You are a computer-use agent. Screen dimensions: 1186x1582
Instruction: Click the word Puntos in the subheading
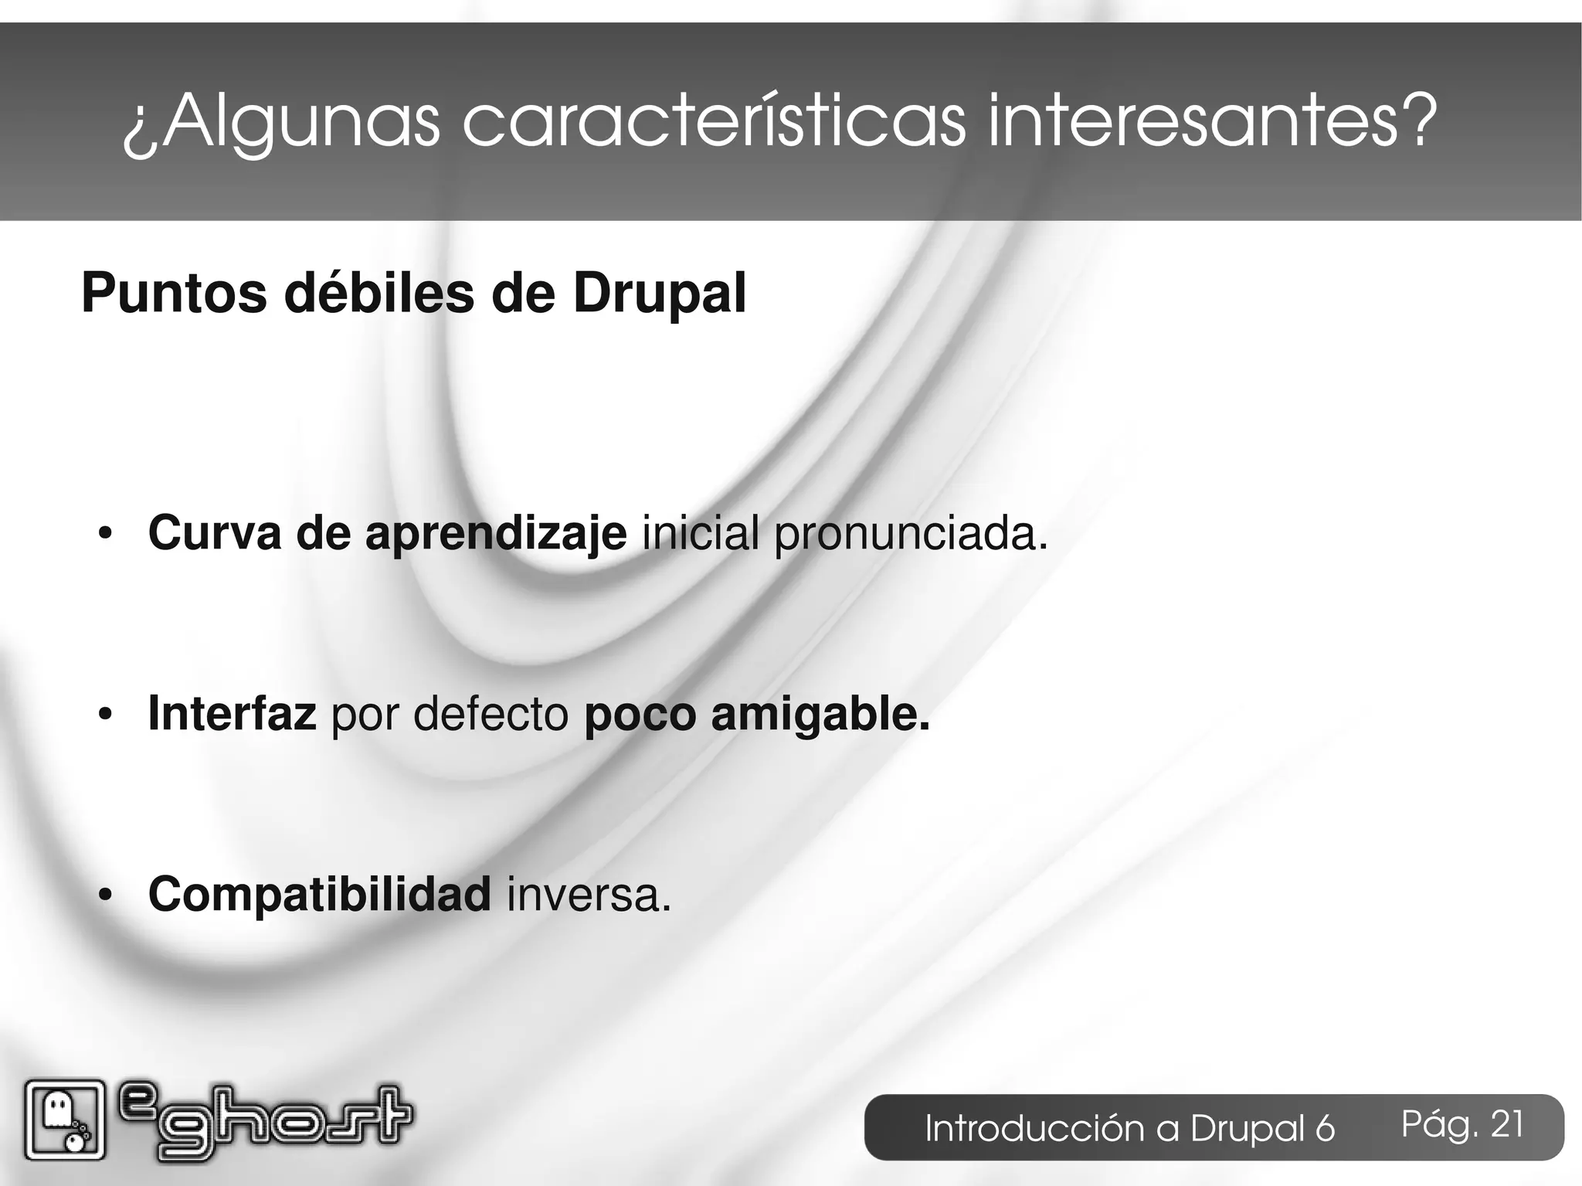175,294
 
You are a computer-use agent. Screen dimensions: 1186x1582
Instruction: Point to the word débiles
379,294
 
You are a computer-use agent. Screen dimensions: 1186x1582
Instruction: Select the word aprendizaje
496,535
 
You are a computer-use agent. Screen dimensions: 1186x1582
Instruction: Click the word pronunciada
912,535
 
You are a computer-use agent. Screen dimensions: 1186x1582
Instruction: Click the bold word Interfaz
232,714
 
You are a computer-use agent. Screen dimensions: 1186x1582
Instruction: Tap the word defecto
491,714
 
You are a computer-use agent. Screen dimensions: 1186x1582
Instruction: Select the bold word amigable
820,714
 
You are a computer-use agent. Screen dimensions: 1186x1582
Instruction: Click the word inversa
589,896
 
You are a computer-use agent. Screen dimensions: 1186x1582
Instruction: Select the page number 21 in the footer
1507,1124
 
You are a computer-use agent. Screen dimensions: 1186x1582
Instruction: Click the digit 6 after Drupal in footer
1325,1129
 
